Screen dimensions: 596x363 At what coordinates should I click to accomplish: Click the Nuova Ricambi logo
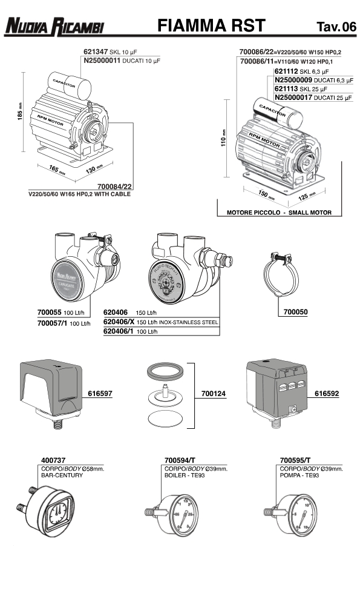pyautogui.click(x=55, y=26)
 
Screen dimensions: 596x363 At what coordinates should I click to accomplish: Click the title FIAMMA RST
pyautogui.click(x=211, y=25)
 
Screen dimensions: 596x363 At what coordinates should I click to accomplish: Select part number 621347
pyautogui.click(x=94, y=52)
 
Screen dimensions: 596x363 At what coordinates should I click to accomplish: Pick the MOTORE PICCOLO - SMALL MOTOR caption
pyautogui.click(x=279, y=213)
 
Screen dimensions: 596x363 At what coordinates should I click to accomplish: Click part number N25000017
pyautogui.click(x=295, y=97)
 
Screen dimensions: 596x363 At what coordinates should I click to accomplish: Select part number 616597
pyautogui.click(x=100, y=393)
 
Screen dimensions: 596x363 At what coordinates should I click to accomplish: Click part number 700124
pyautogui.click(x=214, y=394)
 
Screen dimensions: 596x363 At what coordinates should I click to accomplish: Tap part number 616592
pyautogui.click(x=327, y=393)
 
